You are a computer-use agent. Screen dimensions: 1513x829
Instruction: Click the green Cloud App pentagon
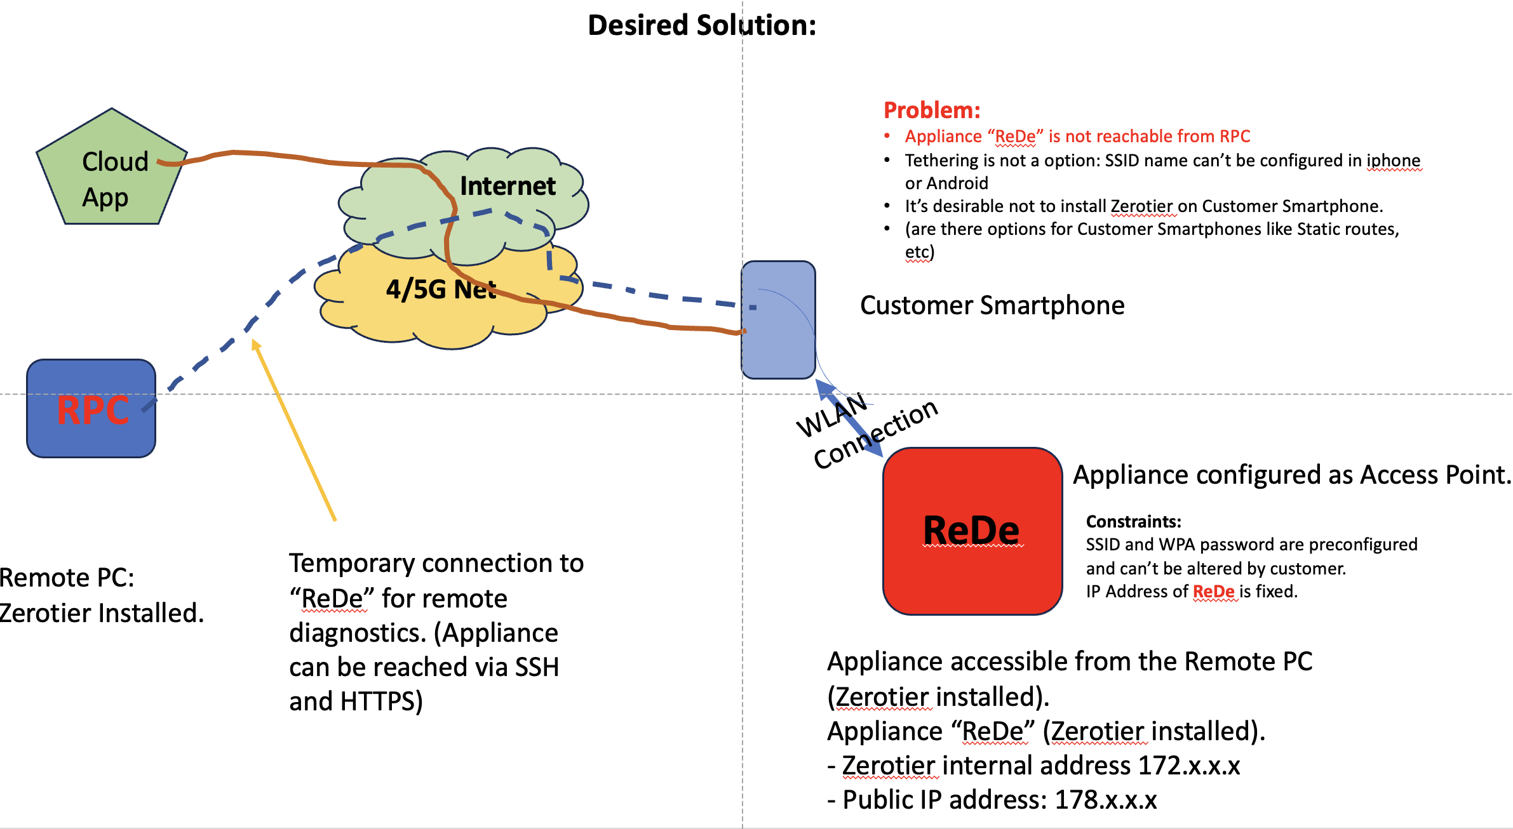click(112, 170)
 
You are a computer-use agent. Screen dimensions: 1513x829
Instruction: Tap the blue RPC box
click(91, 408)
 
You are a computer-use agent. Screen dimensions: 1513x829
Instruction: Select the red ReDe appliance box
click(972, 531)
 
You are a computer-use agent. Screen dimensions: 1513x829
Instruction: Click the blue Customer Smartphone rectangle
click(779, 320)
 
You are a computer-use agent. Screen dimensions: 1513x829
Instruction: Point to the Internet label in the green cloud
click(508, 186)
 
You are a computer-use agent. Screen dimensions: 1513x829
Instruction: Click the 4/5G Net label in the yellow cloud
click(441, 289)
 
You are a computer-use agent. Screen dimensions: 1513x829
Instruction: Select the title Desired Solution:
click(702, 25)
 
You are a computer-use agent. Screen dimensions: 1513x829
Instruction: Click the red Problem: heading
click(932, 110)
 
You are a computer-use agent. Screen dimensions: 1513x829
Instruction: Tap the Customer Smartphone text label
click(992, 305)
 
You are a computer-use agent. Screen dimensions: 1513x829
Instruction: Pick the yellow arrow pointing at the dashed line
click(293, 430)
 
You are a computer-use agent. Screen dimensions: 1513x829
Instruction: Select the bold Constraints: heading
click(1133, 522)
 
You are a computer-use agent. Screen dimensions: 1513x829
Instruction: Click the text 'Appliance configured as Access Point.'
click(1292, 475)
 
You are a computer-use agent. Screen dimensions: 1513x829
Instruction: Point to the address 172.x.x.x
click(1189, 766)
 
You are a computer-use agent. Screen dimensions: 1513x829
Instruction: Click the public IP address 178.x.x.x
click(1106, 800)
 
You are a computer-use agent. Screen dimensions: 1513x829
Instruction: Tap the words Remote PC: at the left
click(67, 578)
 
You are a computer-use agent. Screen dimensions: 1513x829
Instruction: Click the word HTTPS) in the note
click(381, 701)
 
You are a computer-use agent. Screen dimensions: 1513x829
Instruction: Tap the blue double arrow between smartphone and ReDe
click(849, 418)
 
